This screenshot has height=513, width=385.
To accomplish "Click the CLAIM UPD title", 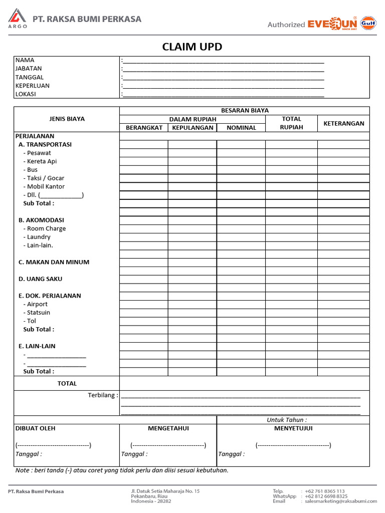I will (x=192, y=47).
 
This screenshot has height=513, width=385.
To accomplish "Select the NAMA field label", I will (x=25, y=60).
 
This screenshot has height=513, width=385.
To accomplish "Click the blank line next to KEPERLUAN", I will (x=224, y=86).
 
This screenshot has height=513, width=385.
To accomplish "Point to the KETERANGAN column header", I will (x=343, y=123).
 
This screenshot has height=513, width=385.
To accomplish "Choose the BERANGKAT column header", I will (x=144, y=128).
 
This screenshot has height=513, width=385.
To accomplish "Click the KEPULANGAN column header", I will (x=193, y=128).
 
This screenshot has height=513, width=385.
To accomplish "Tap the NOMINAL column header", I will (x=241, y=128).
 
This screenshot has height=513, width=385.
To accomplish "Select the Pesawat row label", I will (x=39, y=153).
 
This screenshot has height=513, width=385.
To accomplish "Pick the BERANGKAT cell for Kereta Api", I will (x=144, y=161).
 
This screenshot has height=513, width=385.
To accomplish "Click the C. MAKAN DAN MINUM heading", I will (x=54, y=262).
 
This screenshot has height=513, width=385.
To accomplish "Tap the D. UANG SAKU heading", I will (x=41, y=279).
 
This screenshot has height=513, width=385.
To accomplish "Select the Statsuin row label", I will (x=39, y=313).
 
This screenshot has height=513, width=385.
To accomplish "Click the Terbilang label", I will (x=103, y=395).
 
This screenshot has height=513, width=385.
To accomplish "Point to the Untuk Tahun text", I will (x=287, y=420).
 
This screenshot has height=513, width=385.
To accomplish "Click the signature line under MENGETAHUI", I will (x=168, y=445).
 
